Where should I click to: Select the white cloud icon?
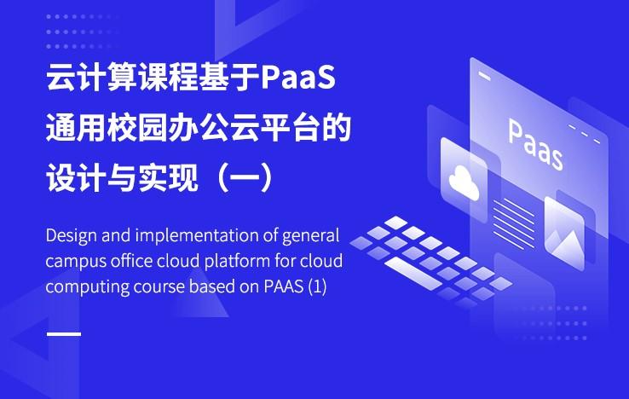pos(464,182)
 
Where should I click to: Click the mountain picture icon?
pos(564,239)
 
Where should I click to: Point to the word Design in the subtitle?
pos(72,236)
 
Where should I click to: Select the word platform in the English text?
pos(237,262)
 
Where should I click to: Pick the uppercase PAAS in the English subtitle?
pos(283,286)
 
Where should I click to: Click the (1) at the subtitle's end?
pos(317,287)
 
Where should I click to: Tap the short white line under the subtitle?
pos(64,333)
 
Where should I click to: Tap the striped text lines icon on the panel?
pos(514,222)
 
